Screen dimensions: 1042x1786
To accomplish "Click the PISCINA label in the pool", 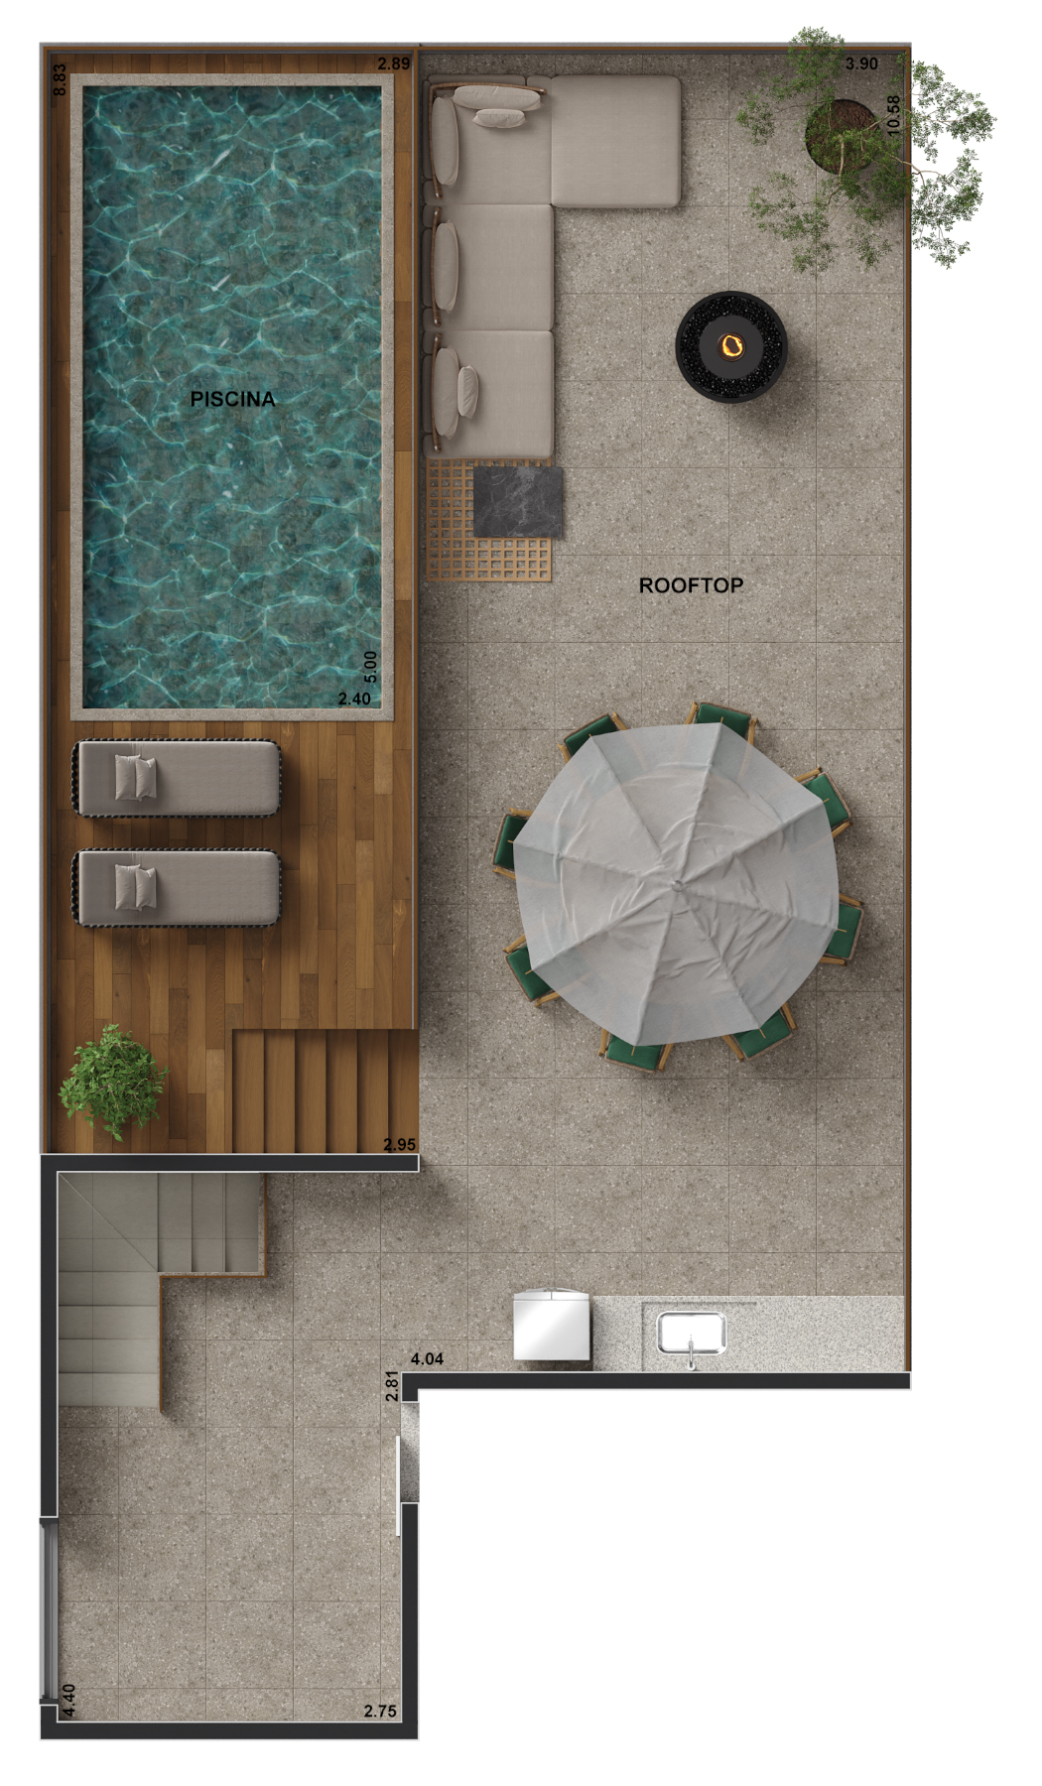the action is click(232, 399).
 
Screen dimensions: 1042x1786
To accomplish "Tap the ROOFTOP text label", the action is click(691, 585).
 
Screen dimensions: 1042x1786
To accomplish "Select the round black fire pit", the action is click(731, 345).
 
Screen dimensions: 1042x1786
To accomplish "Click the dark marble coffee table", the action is click(518, 501).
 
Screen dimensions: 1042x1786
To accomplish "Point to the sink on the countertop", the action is click(692, 1332).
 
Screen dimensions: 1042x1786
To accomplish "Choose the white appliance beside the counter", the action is click(552, 1325).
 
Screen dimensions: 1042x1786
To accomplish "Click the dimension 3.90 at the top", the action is click(861, 64).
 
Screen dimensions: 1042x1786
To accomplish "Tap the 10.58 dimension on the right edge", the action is click(893, 115).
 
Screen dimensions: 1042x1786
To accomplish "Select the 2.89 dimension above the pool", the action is click(393, 64).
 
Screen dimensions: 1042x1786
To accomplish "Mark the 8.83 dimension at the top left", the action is click(60, 79).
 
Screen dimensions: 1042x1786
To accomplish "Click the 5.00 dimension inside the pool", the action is click(370, 667).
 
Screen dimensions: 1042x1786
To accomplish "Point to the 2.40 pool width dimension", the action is click(354, 699).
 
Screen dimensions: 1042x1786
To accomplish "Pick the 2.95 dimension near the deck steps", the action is click(400, 1144).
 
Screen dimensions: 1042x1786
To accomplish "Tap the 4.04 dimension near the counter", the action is click(427, 1358).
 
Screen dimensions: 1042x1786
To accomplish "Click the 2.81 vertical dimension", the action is click(391, 1386).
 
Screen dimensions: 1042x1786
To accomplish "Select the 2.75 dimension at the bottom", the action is click(380, 1711).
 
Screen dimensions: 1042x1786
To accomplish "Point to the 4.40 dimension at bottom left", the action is click(68, 1701).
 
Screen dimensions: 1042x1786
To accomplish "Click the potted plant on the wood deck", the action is click(111, 1083).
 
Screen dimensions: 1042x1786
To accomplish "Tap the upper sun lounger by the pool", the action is click(177, 779).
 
